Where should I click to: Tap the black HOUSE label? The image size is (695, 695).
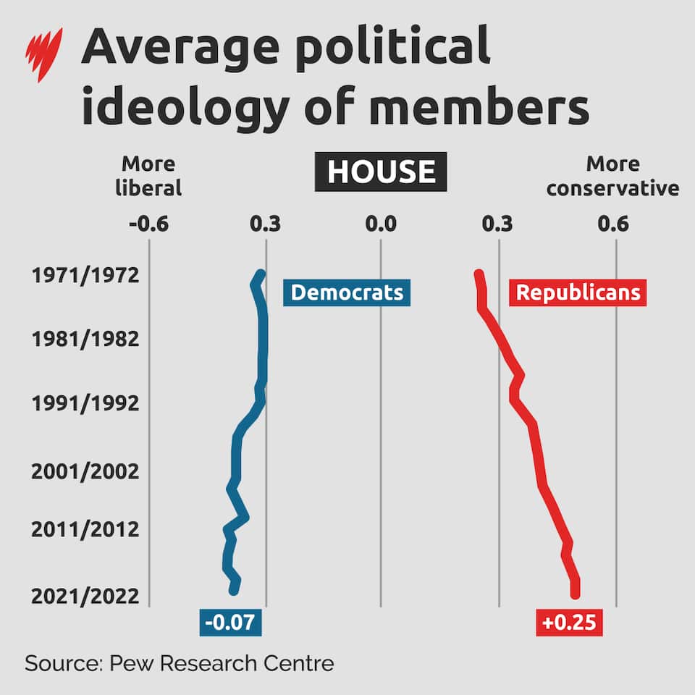[x=381, y=172]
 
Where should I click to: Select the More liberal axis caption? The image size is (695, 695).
[x=148, y=176]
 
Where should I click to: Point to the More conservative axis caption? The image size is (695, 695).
[x=612, y=176]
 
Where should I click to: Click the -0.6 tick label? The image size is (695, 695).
[x=148, y=224]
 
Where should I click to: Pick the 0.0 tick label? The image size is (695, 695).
[x=381, y=224]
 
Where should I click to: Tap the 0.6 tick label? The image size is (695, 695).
[x=612, y=224]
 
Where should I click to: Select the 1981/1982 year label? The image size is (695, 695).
[x=85, y=339]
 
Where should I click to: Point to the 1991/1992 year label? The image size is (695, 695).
[x=85, y=403]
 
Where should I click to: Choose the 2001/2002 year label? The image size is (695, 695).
[x=85, y=472]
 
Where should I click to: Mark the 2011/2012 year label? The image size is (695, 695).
[x=85, y=529]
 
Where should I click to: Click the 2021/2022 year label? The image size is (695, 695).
[x=85, y=597]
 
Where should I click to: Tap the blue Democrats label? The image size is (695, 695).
[x=347, y=292]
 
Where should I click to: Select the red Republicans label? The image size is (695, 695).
[x=578, y=292]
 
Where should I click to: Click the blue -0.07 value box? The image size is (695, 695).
[x=230, y=623]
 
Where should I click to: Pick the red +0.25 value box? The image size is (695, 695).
[x=570, y=623]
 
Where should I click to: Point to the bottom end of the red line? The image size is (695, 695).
[x=576, y=594]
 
